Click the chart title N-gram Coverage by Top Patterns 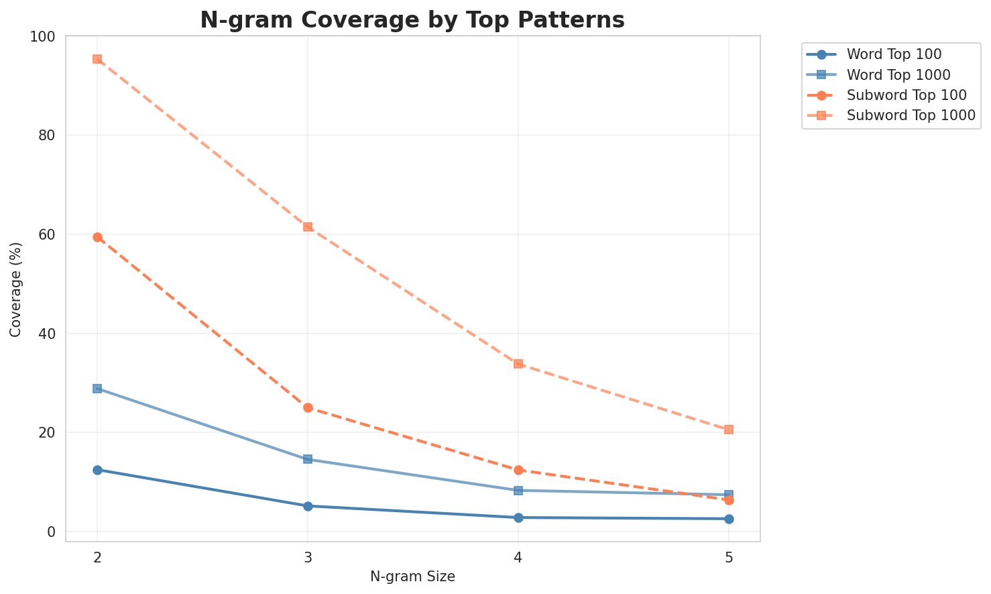[x=412, y=20]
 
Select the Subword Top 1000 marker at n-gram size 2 [x=97, y=59]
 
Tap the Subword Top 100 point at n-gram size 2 [x=97, y=237]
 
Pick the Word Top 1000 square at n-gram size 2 [x=97, y=389]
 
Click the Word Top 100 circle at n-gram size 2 [x=97, y=470]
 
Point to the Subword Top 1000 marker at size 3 [x=308, y=227]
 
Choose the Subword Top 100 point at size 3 [x=308, y=407]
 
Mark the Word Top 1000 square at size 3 [x=308, y=459]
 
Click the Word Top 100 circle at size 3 [x=308, y=506]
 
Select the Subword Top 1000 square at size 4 [x=518, y=364]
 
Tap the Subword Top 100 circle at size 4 [x=518, y=470]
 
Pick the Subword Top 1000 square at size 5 [x=729, y=430]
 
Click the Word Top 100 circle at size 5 [x=729, y=519]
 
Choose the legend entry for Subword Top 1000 [x=911, y=115]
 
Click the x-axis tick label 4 [x=518, y=558]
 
